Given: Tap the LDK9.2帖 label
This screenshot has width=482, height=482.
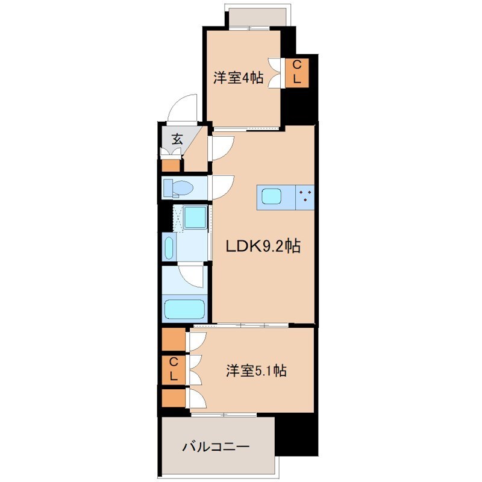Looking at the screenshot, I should point(263,246).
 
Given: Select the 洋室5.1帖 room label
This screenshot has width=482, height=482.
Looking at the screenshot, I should point(256,371).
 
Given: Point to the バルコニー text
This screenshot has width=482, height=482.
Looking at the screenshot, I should point(216,447).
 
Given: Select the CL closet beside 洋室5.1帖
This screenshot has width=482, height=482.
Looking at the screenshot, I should point(173,369).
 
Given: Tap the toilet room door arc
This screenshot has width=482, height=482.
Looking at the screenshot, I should point(221,186).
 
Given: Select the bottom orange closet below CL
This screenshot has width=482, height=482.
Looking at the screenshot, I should point(173,399).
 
